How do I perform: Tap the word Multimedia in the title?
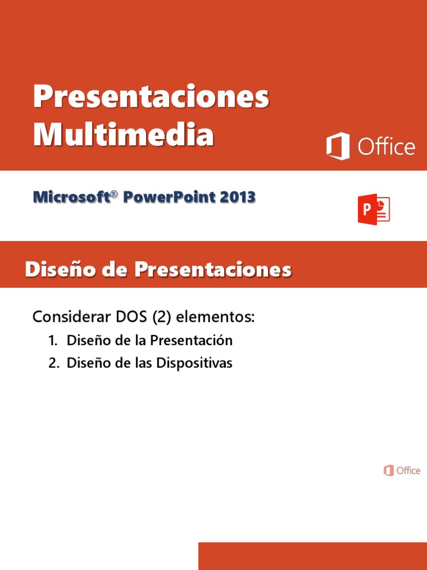click(x=123, y=135)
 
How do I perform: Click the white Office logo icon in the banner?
click(x=338, y=146)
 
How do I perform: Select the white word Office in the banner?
click(x=386, y=147)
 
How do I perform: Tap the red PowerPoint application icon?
click(x=374, y=209)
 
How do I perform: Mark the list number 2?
click(x=53, y=363)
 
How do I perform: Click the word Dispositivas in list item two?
click(x=194, y=363)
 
